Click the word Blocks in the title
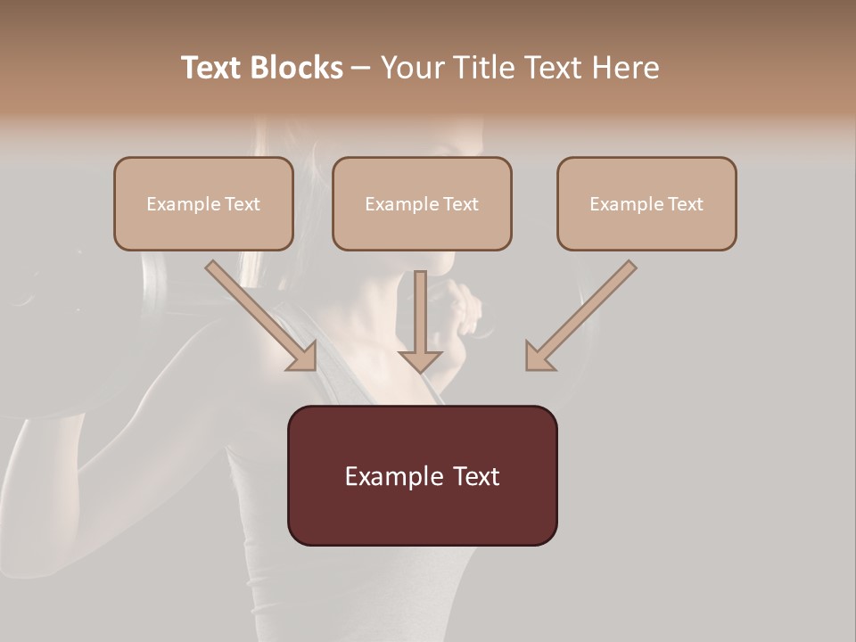[299, 68]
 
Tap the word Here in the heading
[625, 68]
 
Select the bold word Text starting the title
[215, 68]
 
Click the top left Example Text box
[203, 203]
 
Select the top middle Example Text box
[422, 203]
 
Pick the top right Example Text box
[646, 203]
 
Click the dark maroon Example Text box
[422, 475]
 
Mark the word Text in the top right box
[685, 204]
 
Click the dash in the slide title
[361, 68]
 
